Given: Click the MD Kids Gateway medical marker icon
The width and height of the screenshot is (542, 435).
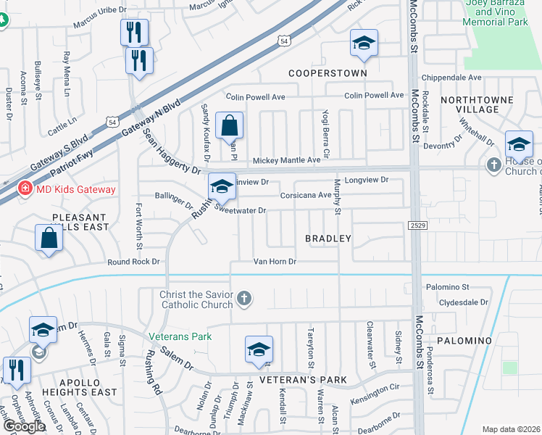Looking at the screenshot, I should coord(25,189).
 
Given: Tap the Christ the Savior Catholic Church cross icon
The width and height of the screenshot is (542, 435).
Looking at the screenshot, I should coord(245,298).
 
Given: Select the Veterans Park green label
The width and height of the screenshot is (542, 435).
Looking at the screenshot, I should coord(180,336).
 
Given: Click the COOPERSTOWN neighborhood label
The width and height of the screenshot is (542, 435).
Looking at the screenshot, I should coord(328,73).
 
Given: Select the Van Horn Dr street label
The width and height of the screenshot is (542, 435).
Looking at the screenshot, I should coord(275,261).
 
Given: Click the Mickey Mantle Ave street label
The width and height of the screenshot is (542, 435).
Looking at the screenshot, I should coord(285,160).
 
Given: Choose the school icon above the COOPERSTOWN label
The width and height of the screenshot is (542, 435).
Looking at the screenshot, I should coord(364,43).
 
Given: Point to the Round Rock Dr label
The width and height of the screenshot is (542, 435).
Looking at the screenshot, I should coord(133,262).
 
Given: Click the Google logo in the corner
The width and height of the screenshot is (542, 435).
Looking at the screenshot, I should coord(24,426).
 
